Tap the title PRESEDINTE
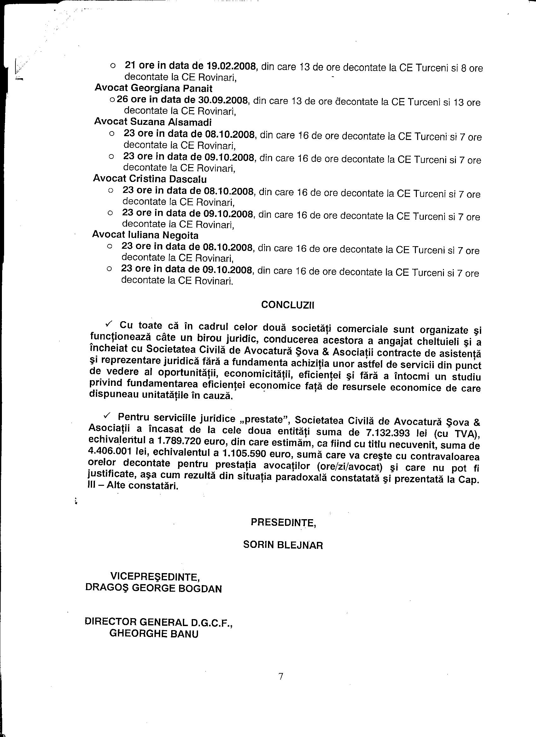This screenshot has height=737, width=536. click(283, 522)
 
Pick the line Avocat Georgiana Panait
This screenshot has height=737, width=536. click(154, 88)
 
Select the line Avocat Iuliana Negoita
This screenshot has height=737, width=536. click(145, 235)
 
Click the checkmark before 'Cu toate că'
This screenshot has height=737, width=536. click(108, 324)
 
